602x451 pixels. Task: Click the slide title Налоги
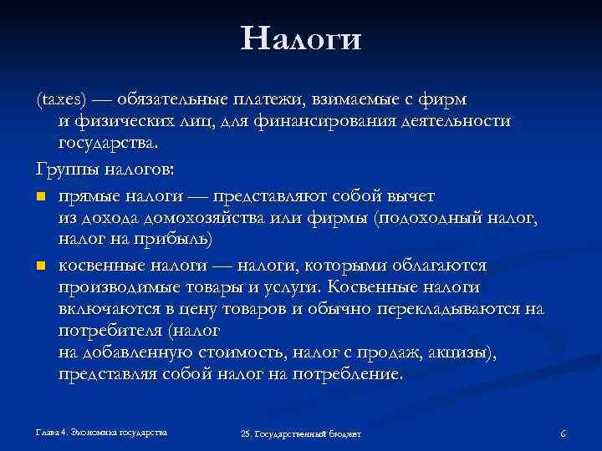click(300, 39)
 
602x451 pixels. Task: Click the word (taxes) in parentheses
click(58, 99)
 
